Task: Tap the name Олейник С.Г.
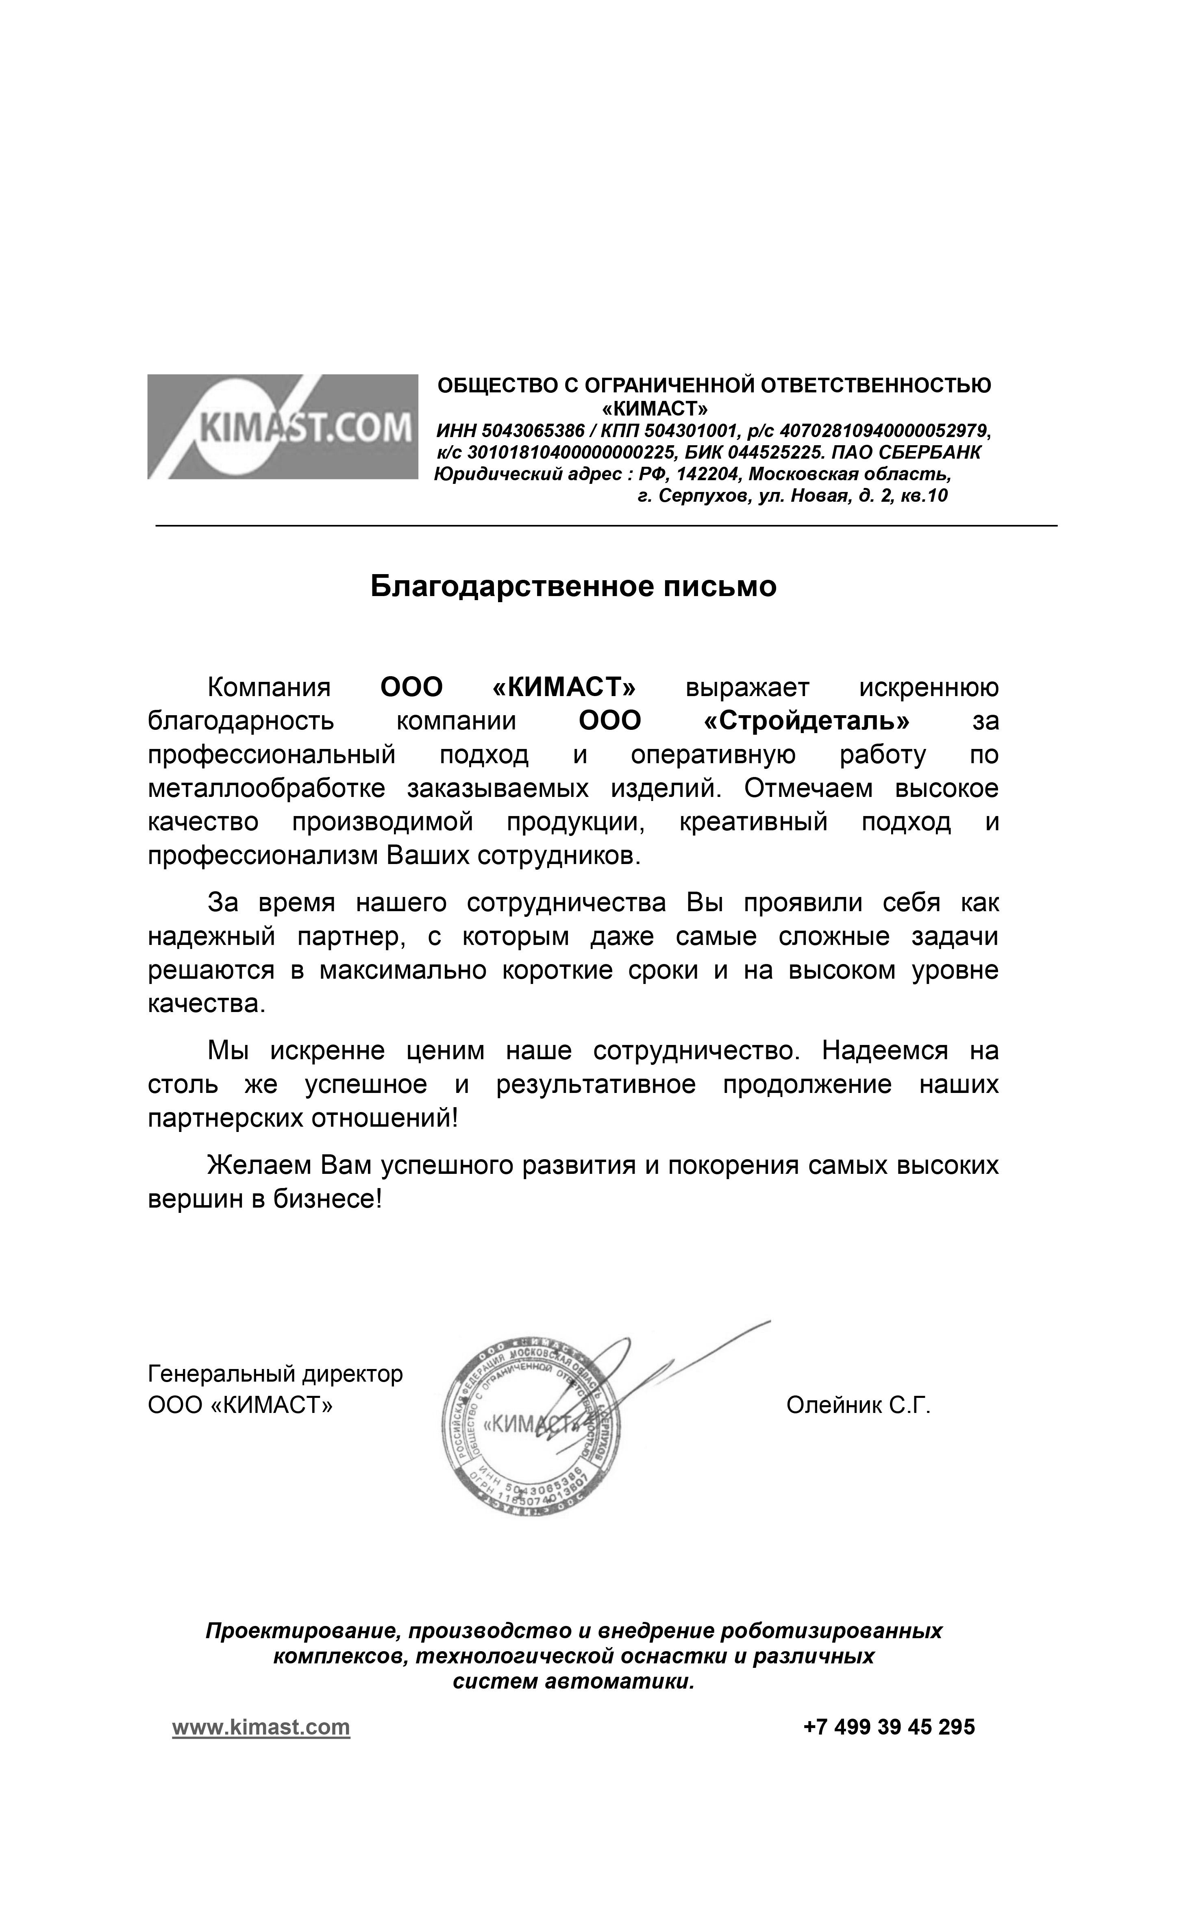[859, 1405]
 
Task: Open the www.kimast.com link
[261, 1727]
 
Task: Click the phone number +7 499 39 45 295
[889, 1727]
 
